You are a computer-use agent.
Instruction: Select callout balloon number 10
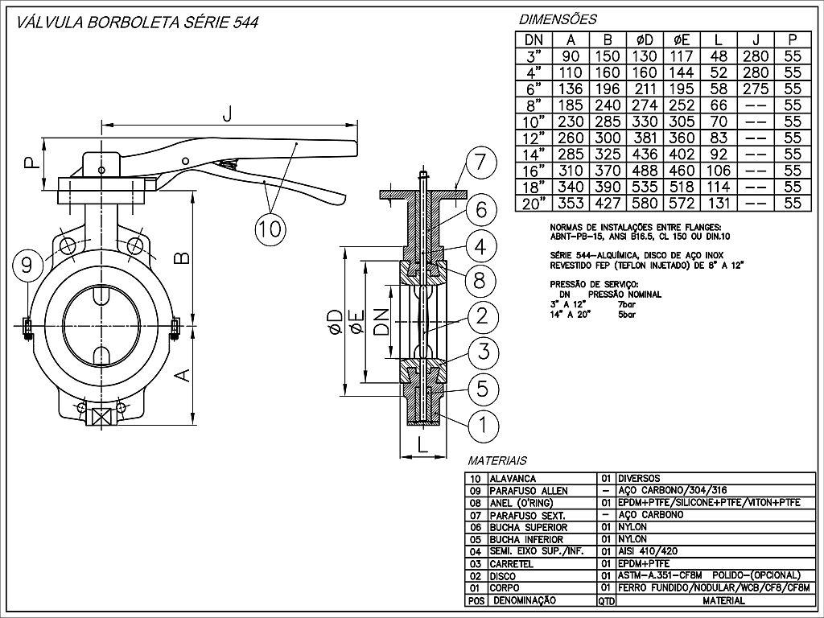pyautogui.click(x=270, y=229)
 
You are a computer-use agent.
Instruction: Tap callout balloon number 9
pyautogui.click(x=27, y=264)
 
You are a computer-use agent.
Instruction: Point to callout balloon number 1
pyautogui.click(x=482, y=424)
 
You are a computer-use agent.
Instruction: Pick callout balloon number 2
pyautogui.click(x=482, y=316)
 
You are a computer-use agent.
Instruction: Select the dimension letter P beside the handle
pyautogui.click(x=30, y=165)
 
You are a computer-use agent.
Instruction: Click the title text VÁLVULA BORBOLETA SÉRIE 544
pyautogui.click(x=132, y=23)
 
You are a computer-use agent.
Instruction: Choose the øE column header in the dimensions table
pyautogui.click(x=682, y=39)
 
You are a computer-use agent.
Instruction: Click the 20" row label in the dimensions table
pyautogui.click(x=534, y=203)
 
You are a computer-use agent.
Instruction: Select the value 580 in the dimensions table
pyautogui.click(x=645, y=203)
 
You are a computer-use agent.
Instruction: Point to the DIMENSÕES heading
pyautogui.click(x=558, y=19)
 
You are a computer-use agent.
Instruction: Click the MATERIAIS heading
pyautogui.click(x=496, y=461)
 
